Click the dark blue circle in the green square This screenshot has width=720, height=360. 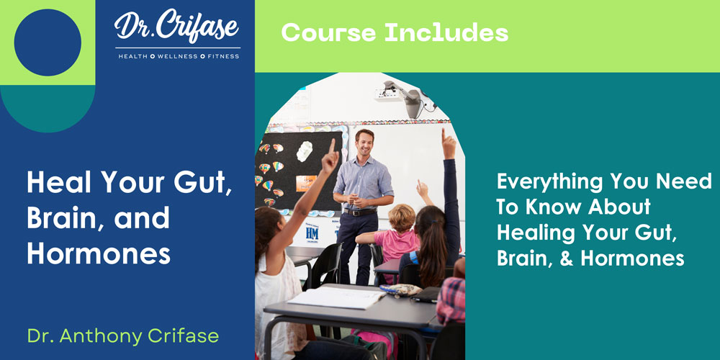(x=48, y=42)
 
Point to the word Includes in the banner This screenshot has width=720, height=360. (x=446, y=32)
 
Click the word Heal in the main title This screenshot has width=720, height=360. (x=60, y=182)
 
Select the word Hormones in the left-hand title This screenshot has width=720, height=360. (x=98, y=254)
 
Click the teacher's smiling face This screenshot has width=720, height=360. (x=364, y=143)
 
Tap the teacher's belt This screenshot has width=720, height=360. (x=361, y=212)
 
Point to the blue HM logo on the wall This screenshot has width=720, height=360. (x=312, y=233)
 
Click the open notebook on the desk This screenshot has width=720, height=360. (x=336, y=297)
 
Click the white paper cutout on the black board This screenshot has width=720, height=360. (x=304, y=151)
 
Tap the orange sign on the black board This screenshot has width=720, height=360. (x=305, y=183)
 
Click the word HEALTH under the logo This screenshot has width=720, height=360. (x=133, y=56)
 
